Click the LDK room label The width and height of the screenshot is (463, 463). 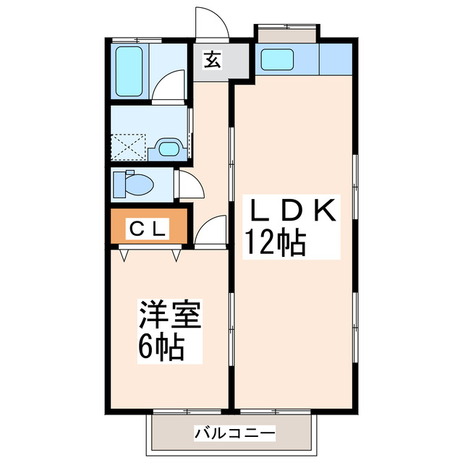(292, 212)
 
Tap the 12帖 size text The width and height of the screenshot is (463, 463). (274, 243)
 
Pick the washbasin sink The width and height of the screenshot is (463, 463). (170, 150)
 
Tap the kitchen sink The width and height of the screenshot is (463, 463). (277, 59)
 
